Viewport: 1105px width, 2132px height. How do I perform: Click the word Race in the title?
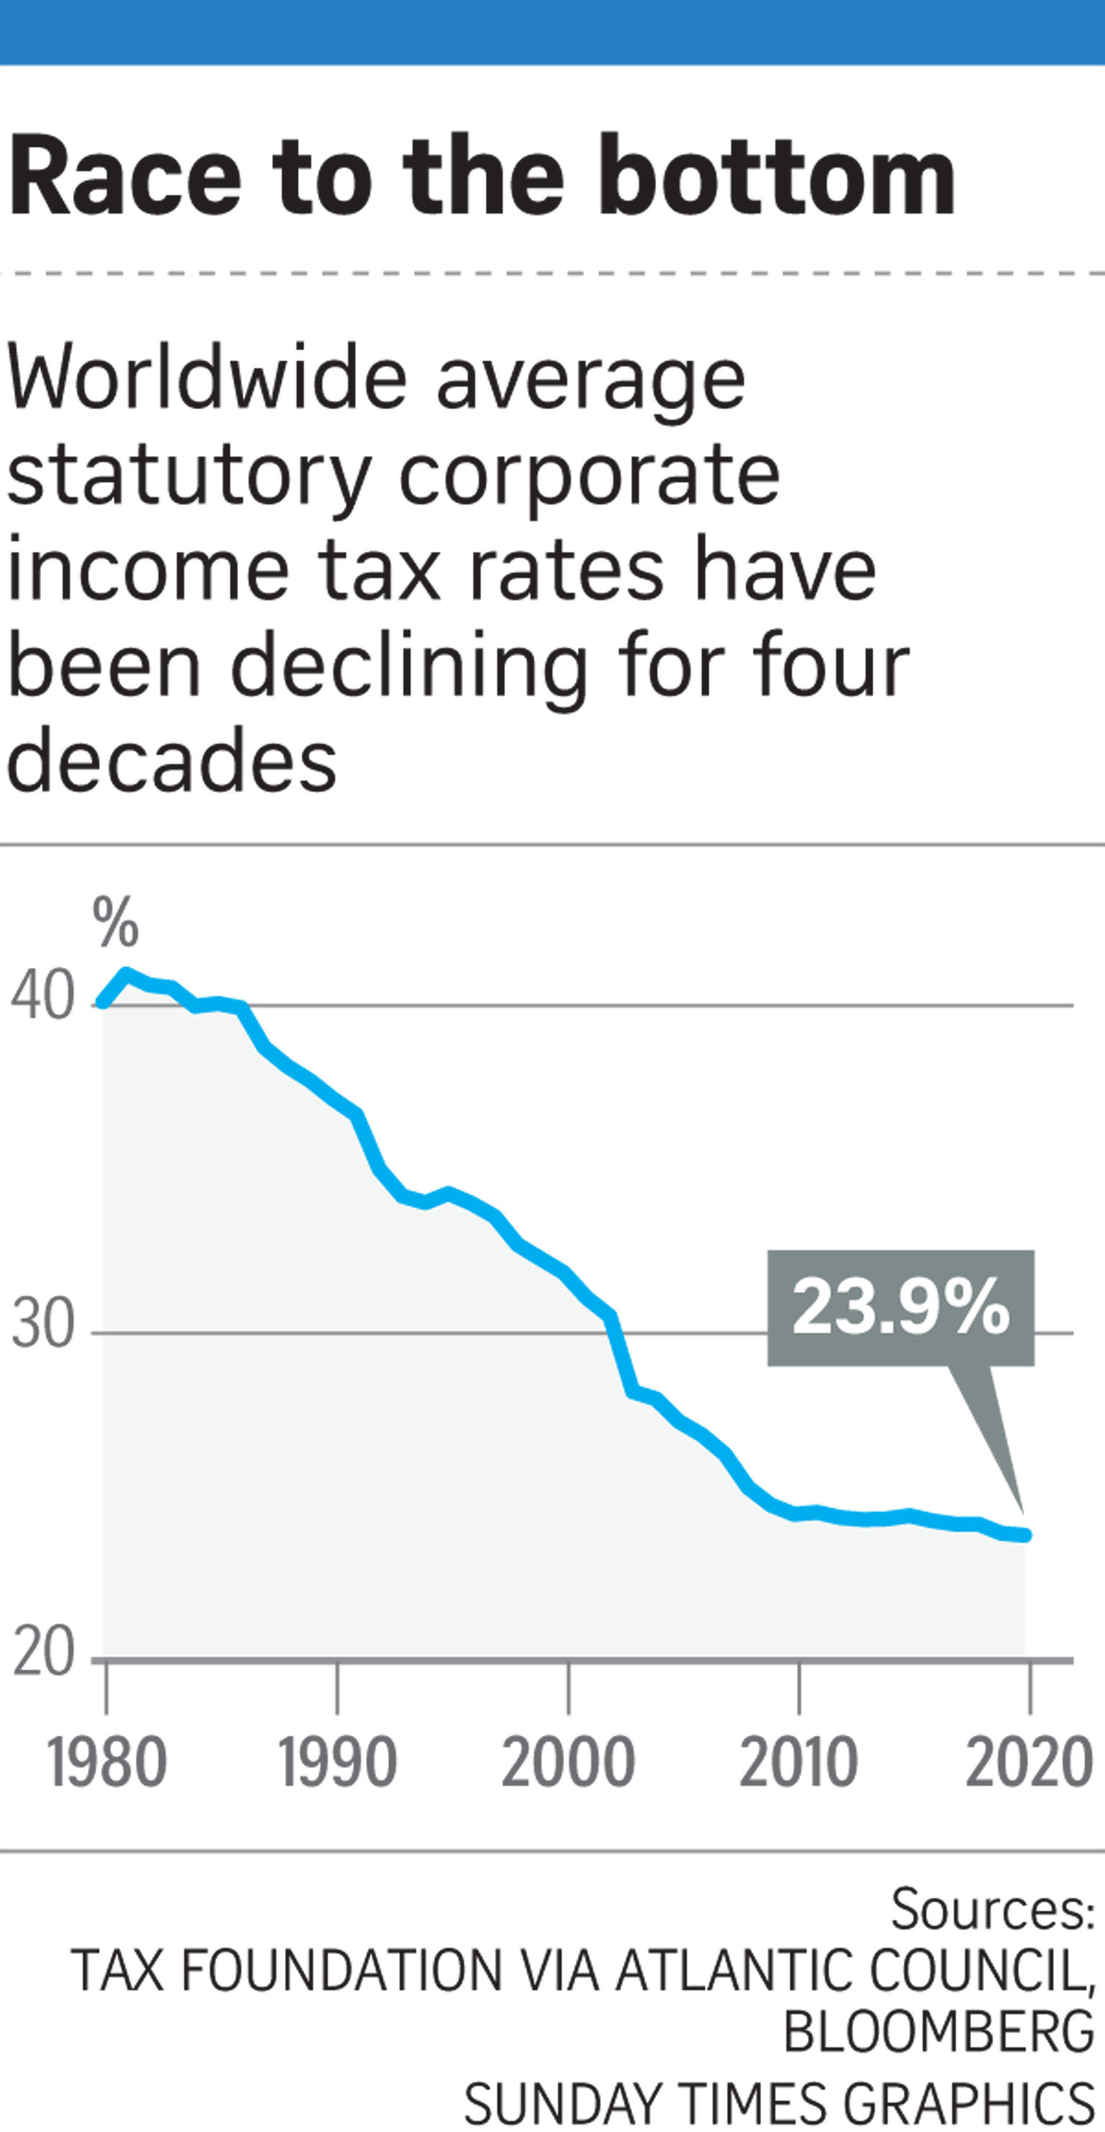pos(124,176)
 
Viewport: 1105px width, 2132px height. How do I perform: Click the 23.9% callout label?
pos(901,1307)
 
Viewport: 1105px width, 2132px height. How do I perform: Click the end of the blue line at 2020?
pos(1027,1535)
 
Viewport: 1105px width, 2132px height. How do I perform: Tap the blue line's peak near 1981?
pos(126,973)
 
